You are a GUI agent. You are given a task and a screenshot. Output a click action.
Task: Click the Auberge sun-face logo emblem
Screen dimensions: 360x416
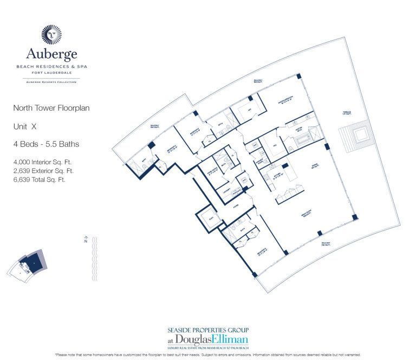click(51, 34)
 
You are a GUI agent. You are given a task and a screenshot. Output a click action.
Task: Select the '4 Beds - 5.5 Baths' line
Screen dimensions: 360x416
click(46, 144)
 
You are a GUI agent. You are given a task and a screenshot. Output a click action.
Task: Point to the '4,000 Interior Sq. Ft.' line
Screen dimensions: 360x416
click(43, 162)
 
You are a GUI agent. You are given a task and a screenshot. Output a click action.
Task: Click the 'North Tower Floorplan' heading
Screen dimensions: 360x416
click(51, 108)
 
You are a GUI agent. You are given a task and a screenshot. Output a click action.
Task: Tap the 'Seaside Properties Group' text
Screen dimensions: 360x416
click(208, 330)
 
